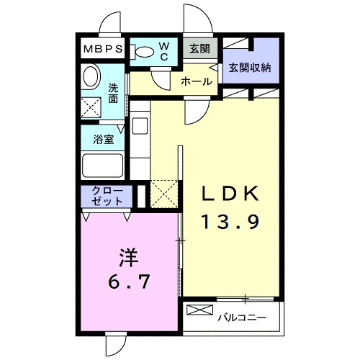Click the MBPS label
click(102, 50)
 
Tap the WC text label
click(163, 51)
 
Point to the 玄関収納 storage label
click(250, 68)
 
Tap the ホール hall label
click(197, 81)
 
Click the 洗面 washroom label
click(114, 94)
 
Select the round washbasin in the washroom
click(91, 76)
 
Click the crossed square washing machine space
click(91, 107)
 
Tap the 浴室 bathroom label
click(104, 138)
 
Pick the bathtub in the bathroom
click(103, 166)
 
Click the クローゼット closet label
click(106, 196)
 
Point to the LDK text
click(228, 194)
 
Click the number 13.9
click(228, 222)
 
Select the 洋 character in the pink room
click(127, 255)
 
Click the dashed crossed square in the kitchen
click(164, 194)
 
